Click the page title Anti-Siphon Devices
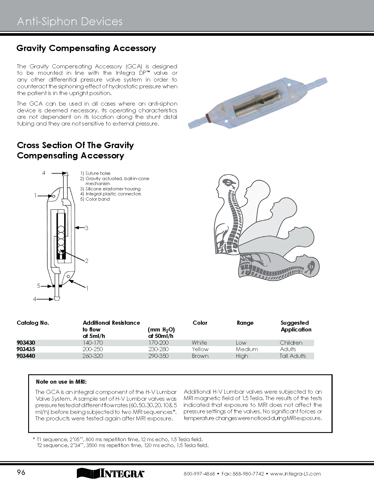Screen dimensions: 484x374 [70, 22]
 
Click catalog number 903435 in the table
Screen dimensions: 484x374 [26, 349]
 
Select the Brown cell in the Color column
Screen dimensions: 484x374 [200, 356]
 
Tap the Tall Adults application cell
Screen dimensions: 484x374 [293, 356]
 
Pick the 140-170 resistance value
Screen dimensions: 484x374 [93, 343]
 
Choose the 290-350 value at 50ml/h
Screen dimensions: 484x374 [158, 356]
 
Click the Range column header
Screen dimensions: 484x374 [245, 323]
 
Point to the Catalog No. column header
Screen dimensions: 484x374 [33, 323]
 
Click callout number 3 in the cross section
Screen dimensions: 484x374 [87, 228]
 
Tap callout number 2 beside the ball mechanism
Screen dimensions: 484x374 [87, 261]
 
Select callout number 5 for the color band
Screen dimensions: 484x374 [38, 286]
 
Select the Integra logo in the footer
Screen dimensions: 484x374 [111, 473]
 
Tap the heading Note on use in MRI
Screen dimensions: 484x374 [61, 382]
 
